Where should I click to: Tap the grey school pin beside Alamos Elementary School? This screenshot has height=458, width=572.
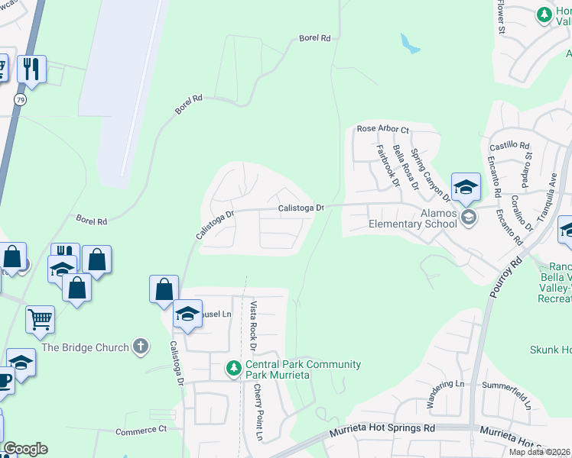[x=470, y=218]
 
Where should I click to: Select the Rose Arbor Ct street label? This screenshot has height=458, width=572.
[x=383, y=130]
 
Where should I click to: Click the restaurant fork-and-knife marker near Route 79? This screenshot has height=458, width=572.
[x=31, y=69]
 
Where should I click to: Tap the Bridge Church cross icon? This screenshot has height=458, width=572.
[x=140, y=347]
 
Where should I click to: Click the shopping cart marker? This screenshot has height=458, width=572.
[x=40, y=318]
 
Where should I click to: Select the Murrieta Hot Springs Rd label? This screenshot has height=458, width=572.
[x=382, y=431]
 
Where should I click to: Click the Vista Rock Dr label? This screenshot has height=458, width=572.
[x=254, y=326]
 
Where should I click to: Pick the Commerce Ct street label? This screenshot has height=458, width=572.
[x=141, y=431]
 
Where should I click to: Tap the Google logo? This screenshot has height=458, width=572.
[x=25, y=449]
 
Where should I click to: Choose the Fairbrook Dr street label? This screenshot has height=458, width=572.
[x=385, y=166]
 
